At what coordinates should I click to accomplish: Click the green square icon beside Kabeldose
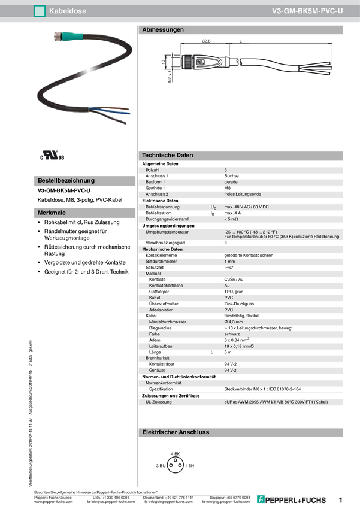pos(40,10)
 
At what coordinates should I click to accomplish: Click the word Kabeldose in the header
pos(66,10)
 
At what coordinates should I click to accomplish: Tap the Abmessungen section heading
pos(162,29)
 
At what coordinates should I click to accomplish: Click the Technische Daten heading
pos(167,155)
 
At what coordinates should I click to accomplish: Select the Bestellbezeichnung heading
pos(66,180)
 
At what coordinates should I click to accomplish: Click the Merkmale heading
pos(52,213)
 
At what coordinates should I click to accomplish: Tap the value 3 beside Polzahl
pos(226,170)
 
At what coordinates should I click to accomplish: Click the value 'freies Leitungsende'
pos(243,194)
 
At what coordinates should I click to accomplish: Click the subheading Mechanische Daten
pos(162,249)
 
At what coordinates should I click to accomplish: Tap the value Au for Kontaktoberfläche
pos(227,286)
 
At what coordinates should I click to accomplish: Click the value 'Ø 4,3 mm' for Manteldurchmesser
pos(233,322)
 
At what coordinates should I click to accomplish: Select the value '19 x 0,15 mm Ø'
pos(239,346)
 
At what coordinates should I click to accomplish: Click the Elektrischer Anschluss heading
pos(175,432)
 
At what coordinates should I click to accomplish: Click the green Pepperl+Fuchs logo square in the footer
pos(261,499)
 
